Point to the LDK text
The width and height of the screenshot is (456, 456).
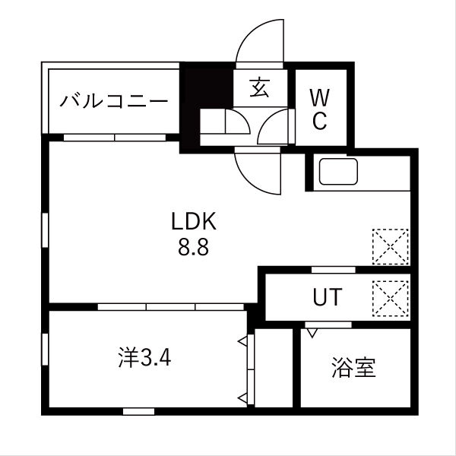click(194, 222)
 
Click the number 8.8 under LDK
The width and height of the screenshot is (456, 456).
click(194, 247)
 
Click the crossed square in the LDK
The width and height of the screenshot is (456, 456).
click(391, 246)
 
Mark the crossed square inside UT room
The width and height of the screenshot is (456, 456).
click(391, 297)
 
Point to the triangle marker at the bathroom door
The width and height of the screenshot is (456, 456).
click(311, 332)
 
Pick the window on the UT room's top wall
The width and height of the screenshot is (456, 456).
click(333, 270)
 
